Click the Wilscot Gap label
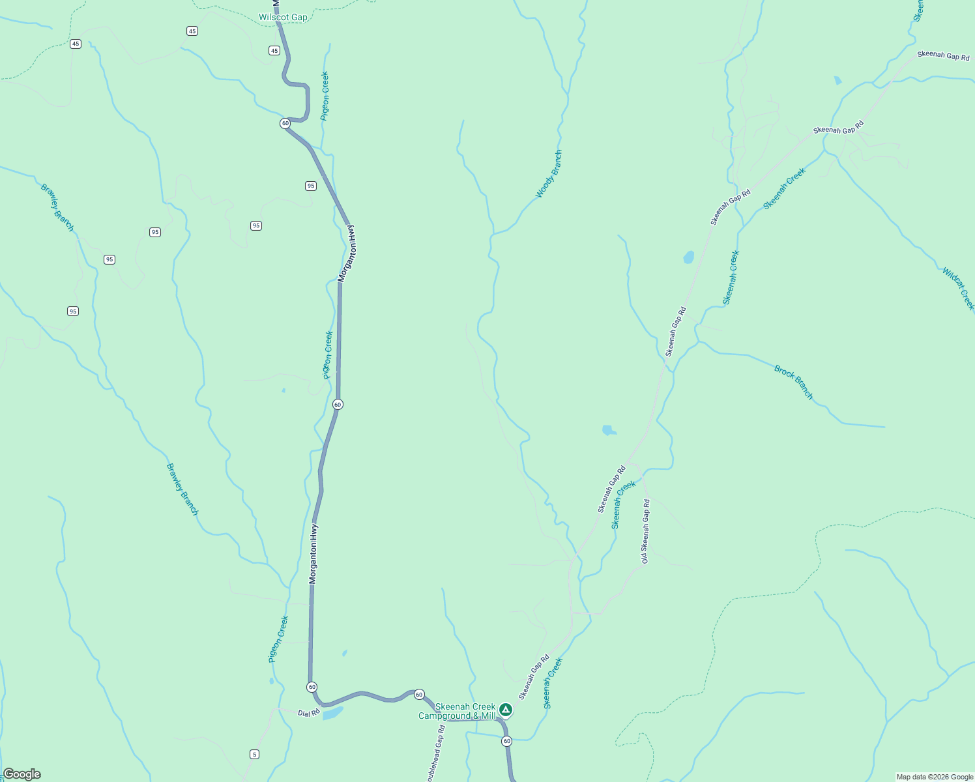(283, 18)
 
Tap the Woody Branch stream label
(549, 174)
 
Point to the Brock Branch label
(794, 383)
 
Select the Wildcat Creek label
(958, 288)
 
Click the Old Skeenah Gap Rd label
(645, 531)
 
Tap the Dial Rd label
(309, 713)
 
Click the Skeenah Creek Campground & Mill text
(458, 712)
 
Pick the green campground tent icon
(505, 709)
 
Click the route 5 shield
(254, 754)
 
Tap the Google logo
(22, 774)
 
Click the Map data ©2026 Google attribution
(935, 777)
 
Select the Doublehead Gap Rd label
(436, 753)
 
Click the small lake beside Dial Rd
(332, 713)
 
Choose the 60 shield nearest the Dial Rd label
(312, 687)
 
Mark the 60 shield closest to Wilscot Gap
(285, 123)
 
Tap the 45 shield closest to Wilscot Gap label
(274, 51)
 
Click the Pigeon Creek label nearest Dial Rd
(278, 639)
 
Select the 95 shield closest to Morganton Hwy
(311, 186)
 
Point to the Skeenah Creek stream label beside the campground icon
(553, 683)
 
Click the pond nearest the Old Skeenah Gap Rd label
(609, 430)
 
